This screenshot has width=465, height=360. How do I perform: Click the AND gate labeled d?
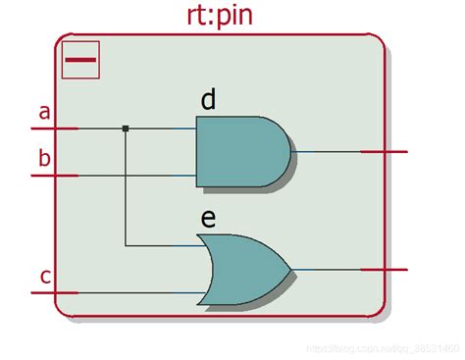tap(240, 152)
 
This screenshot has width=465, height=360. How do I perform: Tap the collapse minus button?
tap(80, 60)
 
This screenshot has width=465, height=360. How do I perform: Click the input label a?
tap(43, 112)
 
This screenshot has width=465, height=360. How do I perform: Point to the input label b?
tap(43, 158)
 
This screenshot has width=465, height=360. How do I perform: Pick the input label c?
tap(45, 276)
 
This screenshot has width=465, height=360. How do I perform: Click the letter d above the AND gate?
tap(208, 99)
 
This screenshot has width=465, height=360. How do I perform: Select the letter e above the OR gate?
tap(208, 218)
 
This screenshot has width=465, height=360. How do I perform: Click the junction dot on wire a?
tap(126, 129)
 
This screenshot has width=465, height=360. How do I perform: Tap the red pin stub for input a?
tap(54, 129)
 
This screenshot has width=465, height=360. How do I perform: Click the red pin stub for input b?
tap(54, 176)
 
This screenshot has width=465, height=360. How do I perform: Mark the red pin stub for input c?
tap(54, 292)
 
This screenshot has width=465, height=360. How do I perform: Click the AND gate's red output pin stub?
tap(384, 152)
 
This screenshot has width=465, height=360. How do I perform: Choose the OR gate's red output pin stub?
tap(384, 269)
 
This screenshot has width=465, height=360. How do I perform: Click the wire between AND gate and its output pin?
tap(326, 152)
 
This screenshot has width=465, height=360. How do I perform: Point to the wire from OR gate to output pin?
tap(326, 269)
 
